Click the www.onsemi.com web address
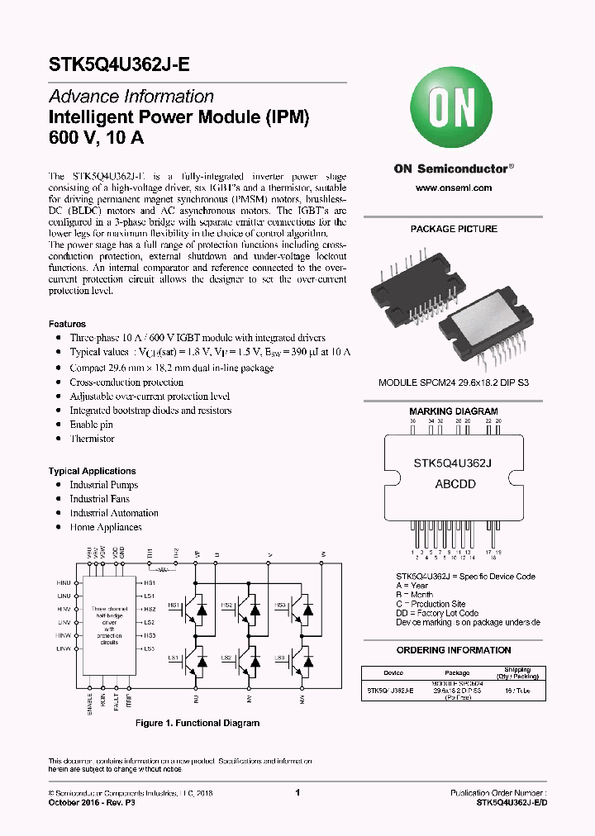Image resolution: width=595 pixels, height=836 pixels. click(x=453, y=188)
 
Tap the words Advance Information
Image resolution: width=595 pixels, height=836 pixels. click(x=131, y=97)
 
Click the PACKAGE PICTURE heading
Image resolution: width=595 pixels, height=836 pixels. click(x=454, y=229)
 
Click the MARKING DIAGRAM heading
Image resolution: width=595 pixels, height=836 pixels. click(x=454, y=411)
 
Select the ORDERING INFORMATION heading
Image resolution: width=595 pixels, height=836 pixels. click(x=454, y=650)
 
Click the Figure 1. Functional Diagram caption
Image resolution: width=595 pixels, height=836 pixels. click(x=198, y=723)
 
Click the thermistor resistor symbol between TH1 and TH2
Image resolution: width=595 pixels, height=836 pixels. click(x=163, y=569)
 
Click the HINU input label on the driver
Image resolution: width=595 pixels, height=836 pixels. click(x=64, y=583)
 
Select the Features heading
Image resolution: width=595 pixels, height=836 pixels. click(x=67, y=324)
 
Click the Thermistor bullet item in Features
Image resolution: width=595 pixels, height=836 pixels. click(x=92, y=439)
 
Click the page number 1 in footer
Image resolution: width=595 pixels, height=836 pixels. click(x=297, y=792)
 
